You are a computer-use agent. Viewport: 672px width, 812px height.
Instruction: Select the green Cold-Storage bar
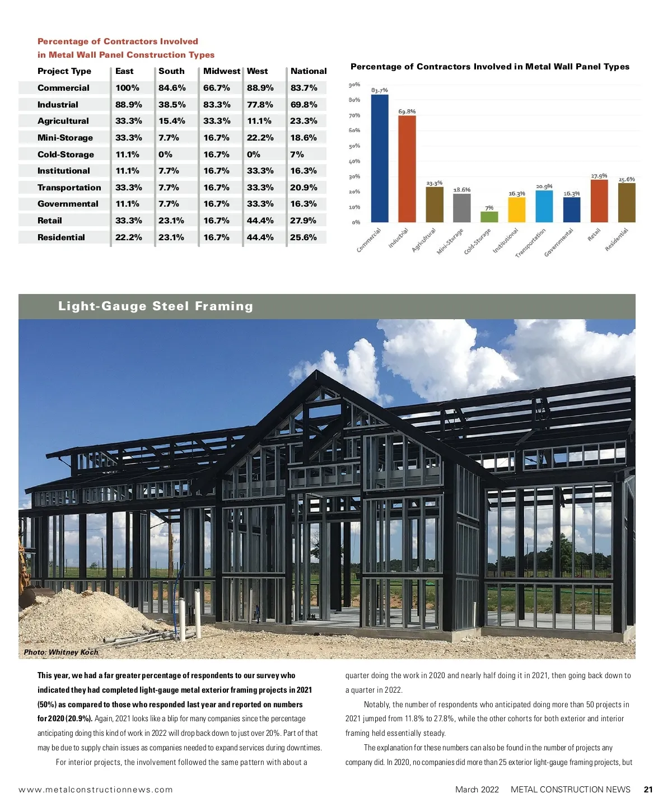coord(489,216)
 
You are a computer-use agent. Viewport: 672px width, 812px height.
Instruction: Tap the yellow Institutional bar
coord(516,209)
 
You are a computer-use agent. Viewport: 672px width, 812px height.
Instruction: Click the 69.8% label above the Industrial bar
coord(407,111)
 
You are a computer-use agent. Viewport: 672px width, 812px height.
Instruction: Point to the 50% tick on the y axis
coord(354,146)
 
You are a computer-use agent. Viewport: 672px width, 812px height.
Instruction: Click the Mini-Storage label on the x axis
coord(450,242)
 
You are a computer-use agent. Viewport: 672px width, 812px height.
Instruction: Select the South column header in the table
coord(171,71)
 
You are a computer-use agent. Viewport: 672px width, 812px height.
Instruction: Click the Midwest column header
coord(221,71)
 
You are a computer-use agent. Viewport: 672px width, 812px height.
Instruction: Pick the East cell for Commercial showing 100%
coord(127,88)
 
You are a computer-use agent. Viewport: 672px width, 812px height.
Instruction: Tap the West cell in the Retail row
coord(260,221)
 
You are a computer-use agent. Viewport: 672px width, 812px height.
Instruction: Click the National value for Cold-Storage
coord(297,155)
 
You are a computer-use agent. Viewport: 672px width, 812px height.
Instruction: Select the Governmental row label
coord(68,204)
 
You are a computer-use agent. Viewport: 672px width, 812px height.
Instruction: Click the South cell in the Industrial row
coord(171,105)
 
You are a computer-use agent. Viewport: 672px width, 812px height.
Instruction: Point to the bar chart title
coord(489,67)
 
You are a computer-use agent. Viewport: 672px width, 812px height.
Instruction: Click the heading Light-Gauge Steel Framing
coord(156,306)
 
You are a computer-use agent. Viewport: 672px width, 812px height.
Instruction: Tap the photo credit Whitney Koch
coord(61,652)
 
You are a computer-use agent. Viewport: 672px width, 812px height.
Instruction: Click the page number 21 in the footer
coord(648,790)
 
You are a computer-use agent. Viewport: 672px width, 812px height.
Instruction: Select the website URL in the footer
coord(96,790)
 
